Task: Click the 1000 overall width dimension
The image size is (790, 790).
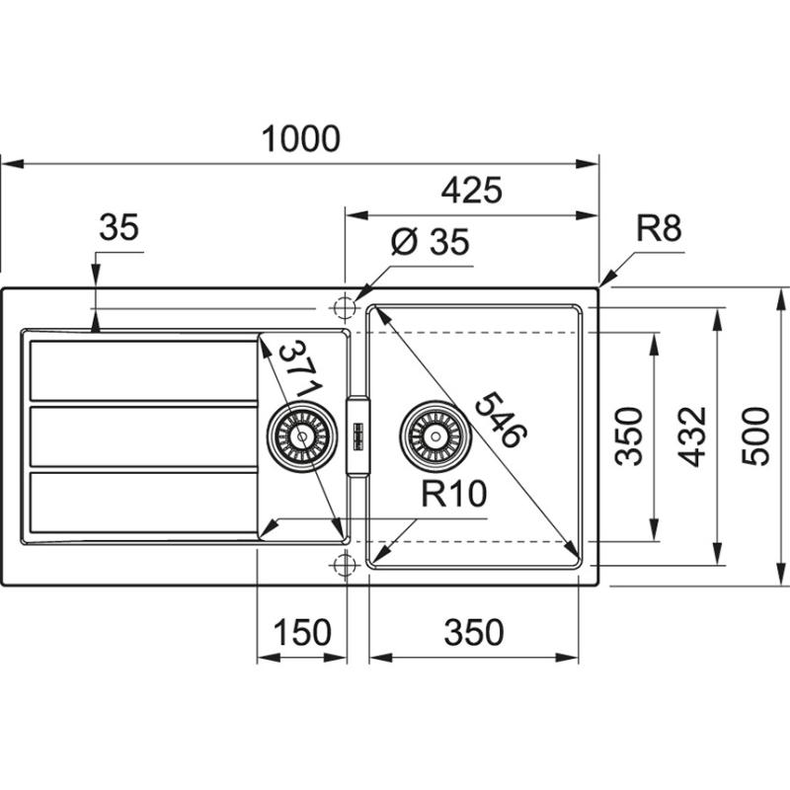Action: tap(301, 139)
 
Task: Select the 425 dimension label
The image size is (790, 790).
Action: tap(470, 189)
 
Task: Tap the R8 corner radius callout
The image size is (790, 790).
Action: tap(659, 230)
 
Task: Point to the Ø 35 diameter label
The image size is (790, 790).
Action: tap(430, 243)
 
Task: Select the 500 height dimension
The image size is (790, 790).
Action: tap(755, 435)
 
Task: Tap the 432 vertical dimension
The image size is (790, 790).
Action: tap(694, 435)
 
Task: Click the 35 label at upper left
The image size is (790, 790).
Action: tap(119, 228)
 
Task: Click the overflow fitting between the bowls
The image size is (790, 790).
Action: tap(357, 435)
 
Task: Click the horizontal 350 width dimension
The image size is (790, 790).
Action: tap(473, 632)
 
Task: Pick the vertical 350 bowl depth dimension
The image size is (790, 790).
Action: tap(633, 435)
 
